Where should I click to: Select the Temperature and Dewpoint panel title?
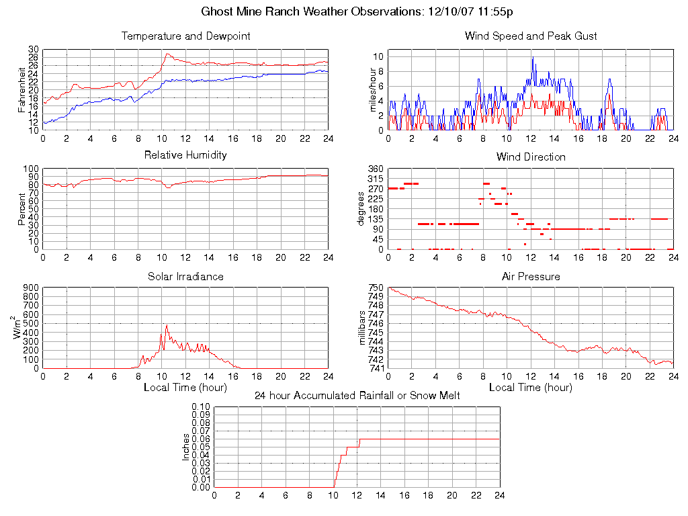pos(185,36)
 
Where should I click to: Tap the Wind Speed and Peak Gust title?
pos(531,36)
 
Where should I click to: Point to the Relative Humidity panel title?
pos(185,155)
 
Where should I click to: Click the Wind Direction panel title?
pos(531,157)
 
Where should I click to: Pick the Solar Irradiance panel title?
pos(185,276)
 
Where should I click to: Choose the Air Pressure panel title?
pos(531,276)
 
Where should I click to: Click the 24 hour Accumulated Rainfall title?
pos(357,395)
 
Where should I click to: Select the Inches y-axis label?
pos(186,447)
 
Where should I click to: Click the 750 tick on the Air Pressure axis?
pos(376,288)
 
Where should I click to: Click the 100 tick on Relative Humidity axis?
pos(31,169)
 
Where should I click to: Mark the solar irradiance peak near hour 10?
pos(166,325)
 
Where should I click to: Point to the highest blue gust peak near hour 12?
pos(532,58)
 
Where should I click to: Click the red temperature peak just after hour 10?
pos(167,54)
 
